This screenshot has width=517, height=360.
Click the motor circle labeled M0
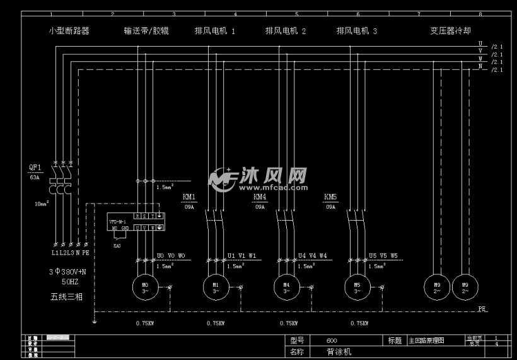click(144, 287)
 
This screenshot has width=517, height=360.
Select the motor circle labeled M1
click(215, 287)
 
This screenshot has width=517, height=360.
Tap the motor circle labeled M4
click(286, 287)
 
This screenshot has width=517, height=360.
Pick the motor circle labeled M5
click(357, 287)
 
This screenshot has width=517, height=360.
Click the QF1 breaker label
click(35, 168)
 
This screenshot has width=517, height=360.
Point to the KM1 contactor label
click(189, 197)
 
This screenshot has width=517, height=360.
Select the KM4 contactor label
click(260, 197)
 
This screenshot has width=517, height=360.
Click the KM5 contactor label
click(330, 197)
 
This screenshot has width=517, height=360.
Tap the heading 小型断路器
click(69, 30)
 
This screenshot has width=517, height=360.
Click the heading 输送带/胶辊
click(146, 30)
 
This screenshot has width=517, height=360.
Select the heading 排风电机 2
click(286, 30)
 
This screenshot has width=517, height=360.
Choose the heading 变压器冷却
click(450, 30)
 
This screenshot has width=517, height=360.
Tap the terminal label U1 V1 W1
click(241, 256)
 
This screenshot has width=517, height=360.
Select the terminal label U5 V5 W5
click(383, 256)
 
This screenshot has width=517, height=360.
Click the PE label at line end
click(482, 310)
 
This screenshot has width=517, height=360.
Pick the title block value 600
click(332, 340)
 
